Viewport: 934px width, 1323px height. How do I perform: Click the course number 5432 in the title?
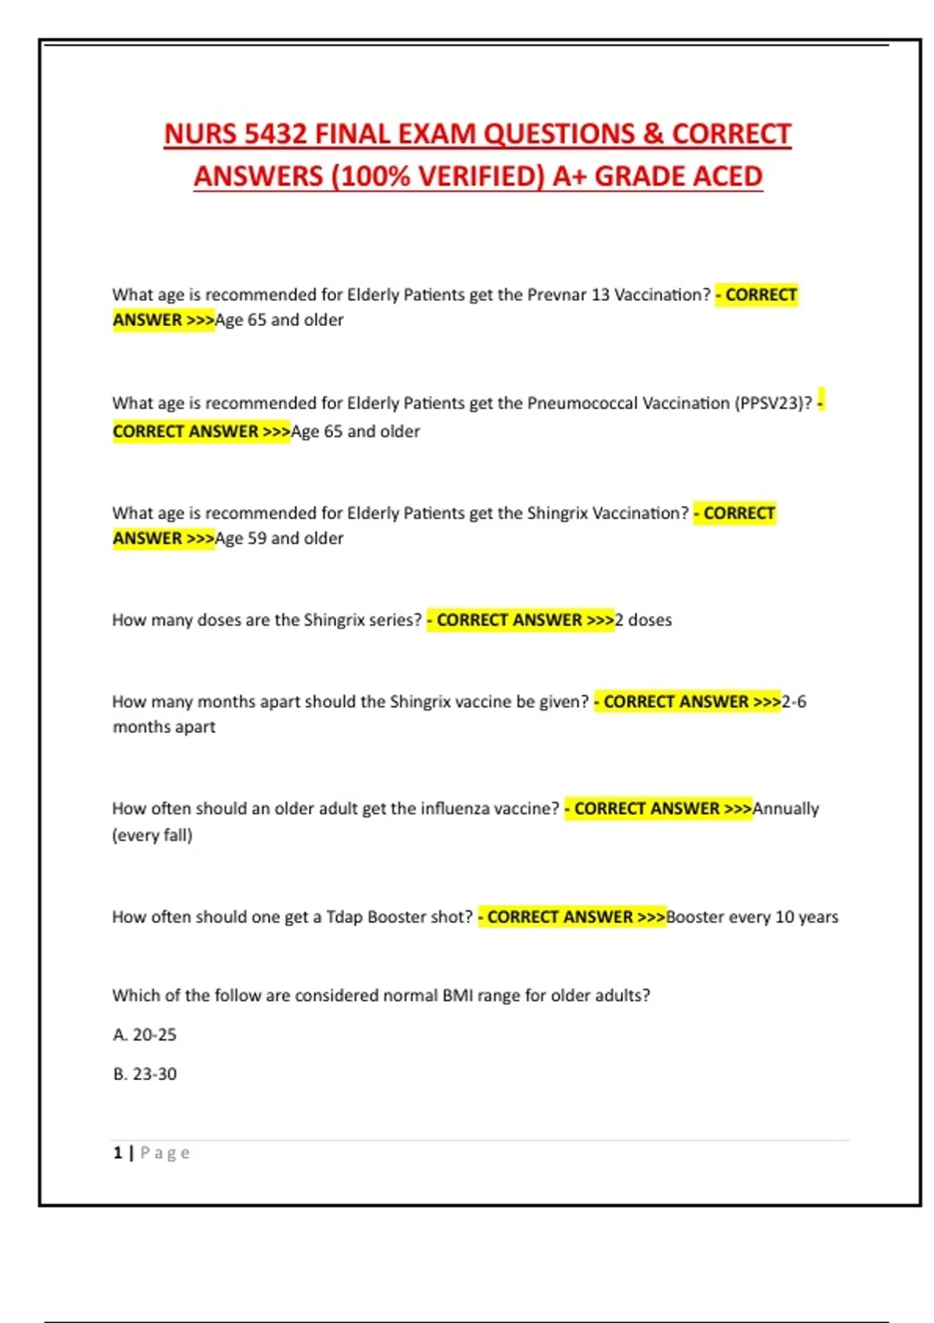click(276, 134)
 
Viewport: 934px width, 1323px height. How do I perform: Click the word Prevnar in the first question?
click(557, 295)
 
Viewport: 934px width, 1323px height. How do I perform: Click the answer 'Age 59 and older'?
click(279, 539)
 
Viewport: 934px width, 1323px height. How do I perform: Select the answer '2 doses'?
click(644, 620)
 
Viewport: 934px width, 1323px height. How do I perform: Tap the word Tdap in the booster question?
click(344, 917)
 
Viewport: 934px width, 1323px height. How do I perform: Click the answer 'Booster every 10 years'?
click(753, 917)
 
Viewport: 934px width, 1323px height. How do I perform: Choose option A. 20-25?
click(145, 1035)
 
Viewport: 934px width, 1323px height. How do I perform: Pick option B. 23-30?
click(145, 1074)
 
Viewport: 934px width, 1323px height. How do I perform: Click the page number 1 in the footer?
click(118, 1153)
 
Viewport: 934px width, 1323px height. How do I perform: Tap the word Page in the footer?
click(165, 1153)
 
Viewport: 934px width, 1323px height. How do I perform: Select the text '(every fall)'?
click(153, 835)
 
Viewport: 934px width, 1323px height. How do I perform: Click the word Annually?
click(786, 809)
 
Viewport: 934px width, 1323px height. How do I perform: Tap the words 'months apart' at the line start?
click(164, 727)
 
